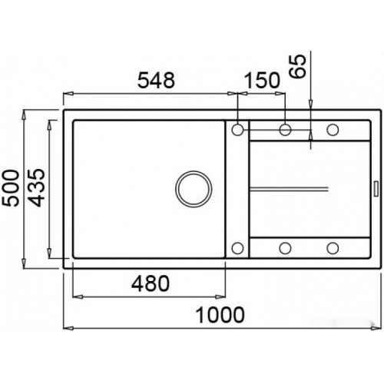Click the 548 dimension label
[157, 80]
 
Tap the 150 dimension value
[263, 80]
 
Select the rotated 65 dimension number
[297, 66]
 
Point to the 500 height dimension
[11, 188]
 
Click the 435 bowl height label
[36, 187]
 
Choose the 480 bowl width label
[151, 283]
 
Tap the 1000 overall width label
[220, 315]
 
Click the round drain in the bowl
[194, 189]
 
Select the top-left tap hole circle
[237, 130]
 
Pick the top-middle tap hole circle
[285, 130]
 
